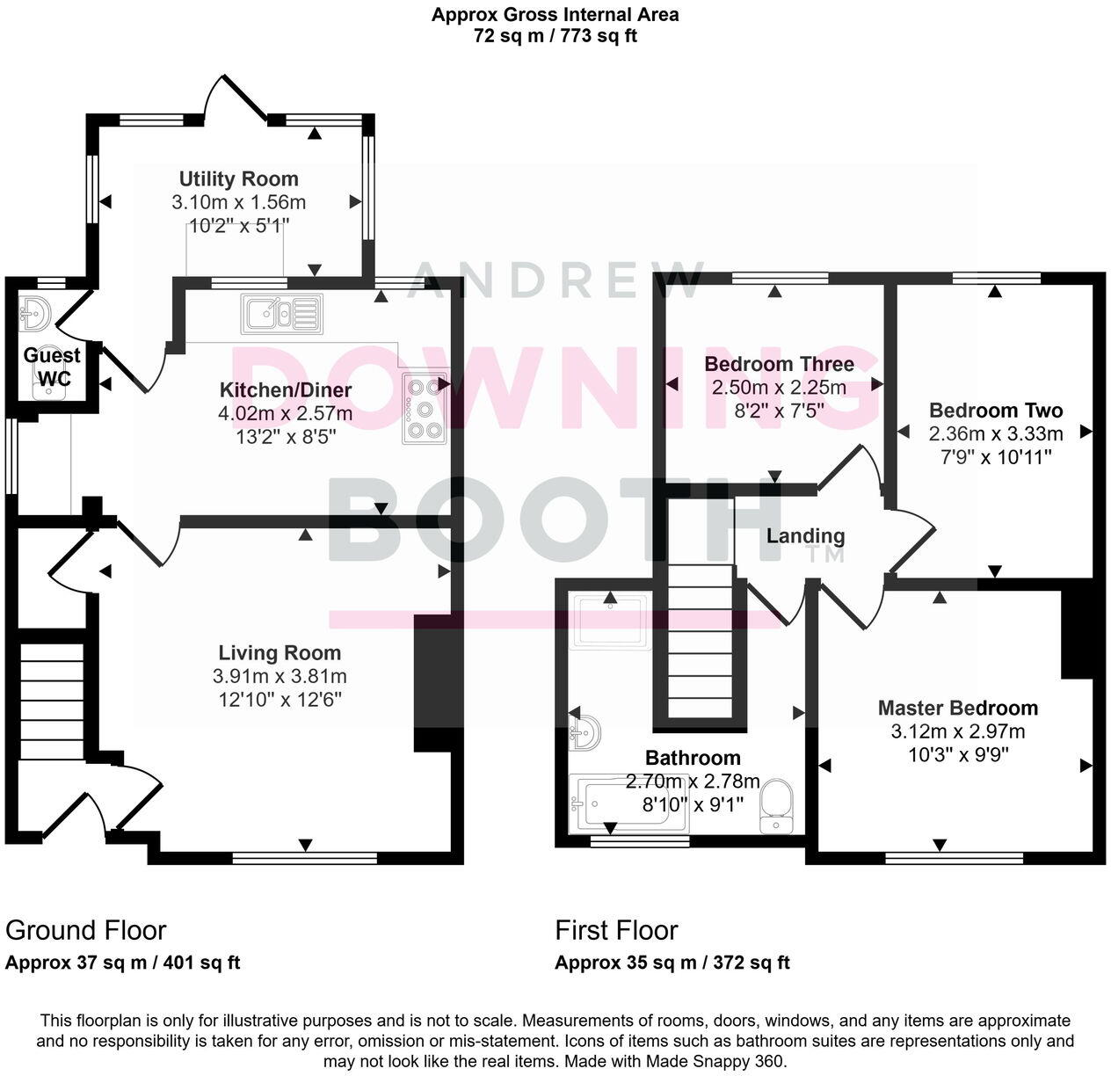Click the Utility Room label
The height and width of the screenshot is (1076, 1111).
click(x=238, y=179)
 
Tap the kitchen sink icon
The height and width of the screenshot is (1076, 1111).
click(x=281, y=313)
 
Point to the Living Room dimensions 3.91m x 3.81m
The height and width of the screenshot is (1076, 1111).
click(x=280, y=677)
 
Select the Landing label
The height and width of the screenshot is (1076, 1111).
click(x=805, y=536)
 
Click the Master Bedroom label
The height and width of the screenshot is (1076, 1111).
click(x=957, y=708)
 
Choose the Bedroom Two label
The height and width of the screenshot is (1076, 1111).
click(x=995, y=411)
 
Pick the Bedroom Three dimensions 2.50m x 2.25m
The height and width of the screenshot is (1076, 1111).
click(x=778, y=388)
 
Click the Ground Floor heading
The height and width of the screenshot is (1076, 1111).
click(x=86, y=930)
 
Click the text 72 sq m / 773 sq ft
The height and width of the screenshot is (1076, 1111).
click(x=555, y=36)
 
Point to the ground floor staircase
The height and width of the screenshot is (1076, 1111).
click(x=52, y=700)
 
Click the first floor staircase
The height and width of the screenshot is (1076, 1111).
click(x=700, y=642)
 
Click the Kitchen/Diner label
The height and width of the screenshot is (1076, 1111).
click(x=286, y=390)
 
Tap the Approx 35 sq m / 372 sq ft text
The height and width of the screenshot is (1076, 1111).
click(x=672, y=963)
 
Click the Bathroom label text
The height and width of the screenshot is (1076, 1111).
click(x=693, y=758)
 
